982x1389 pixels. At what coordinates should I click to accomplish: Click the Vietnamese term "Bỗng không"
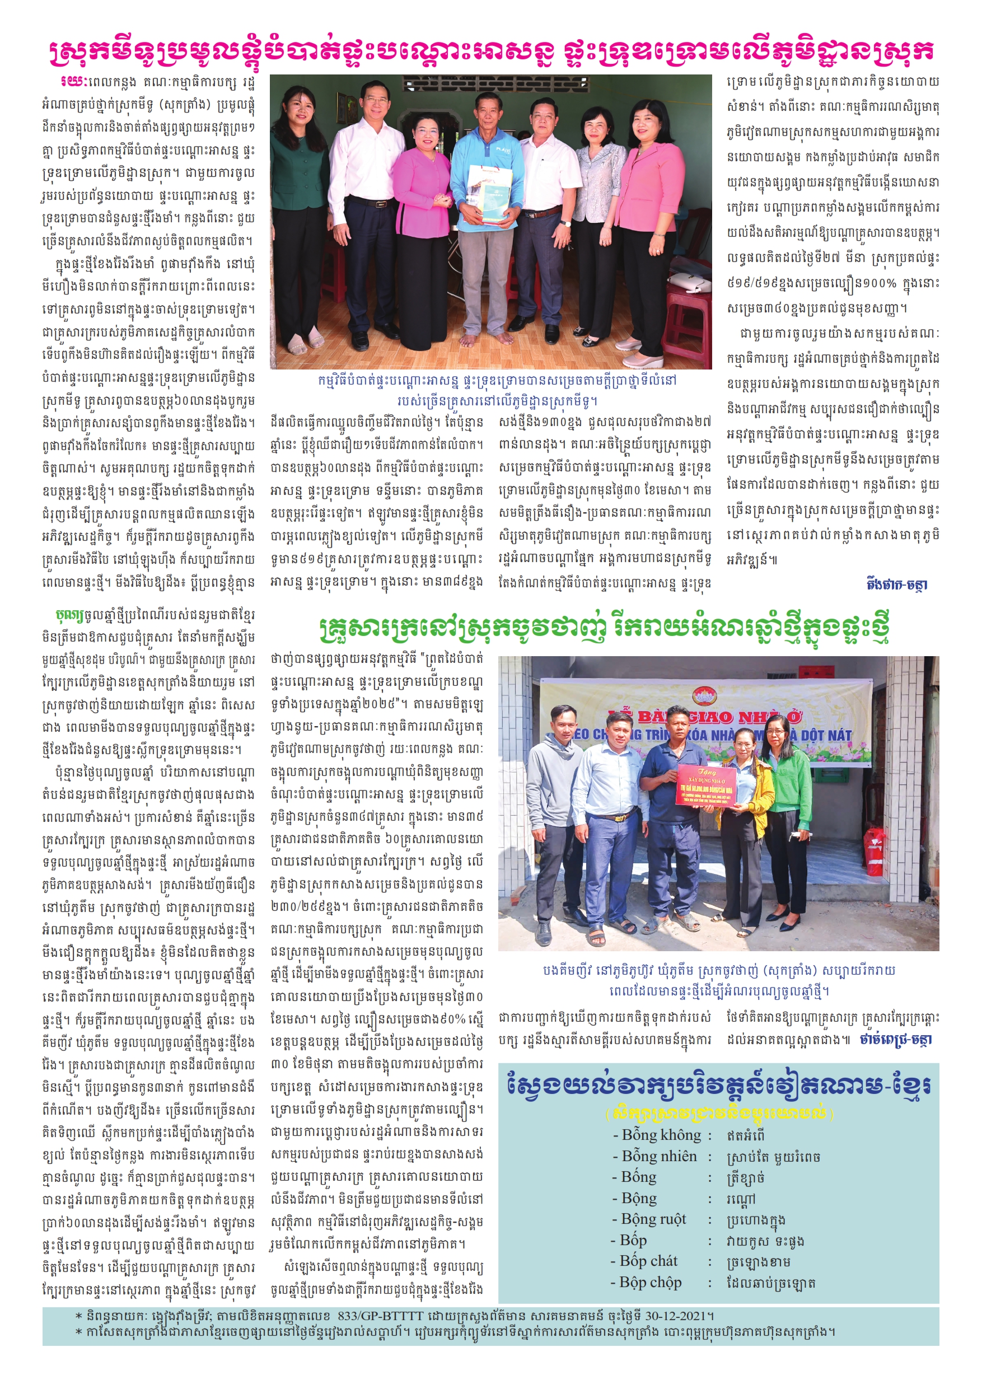[x=661, y=1135]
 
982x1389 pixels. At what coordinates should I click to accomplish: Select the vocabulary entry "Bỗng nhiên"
[x=659, y=1156]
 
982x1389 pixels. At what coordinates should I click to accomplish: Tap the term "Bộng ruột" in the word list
[x=653, y=1219]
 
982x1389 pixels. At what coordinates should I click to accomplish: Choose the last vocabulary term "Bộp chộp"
[x=651, y=1282]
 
